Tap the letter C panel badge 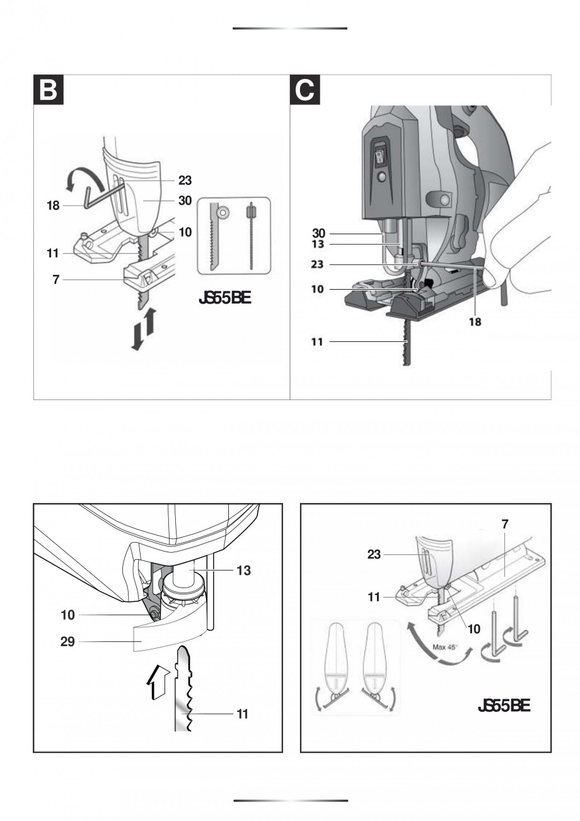tap(304, 90)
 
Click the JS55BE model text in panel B tap(225, 298)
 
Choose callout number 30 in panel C tap(318, 233)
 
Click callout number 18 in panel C tap(475, 321)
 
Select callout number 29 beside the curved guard tap(67, 642)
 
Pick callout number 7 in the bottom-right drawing tap(506, 523)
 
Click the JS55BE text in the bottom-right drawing tap(504, 706)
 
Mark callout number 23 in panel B tap(185, 180)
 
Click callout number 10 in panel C tap(318, 290)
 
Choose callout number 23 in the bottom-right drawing tap(375, 555)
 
